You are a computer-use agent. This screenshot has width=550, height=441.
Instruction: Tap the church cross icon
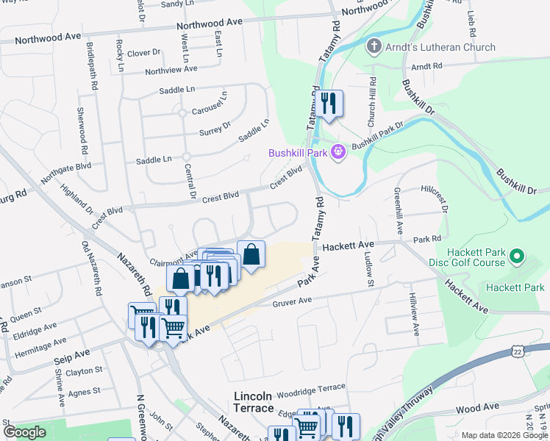point(374,47)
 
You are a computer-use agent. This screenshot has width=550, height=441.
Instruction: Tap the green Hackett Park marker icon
point(517,257)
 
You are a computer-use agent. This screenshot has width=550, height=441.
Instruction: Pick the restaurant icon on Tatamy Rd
point(328,104)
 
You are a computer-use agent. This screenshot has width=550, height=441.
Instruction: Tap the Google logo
point(24,431)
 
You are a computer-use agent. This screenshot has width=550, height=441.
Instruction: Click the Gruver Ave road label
point(293,301)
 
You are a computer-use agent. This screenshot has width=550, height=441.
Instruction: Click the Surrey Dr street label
point(215,132)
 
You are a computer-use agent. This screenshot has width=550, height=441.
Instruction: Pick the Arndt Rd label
point(427,66)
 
